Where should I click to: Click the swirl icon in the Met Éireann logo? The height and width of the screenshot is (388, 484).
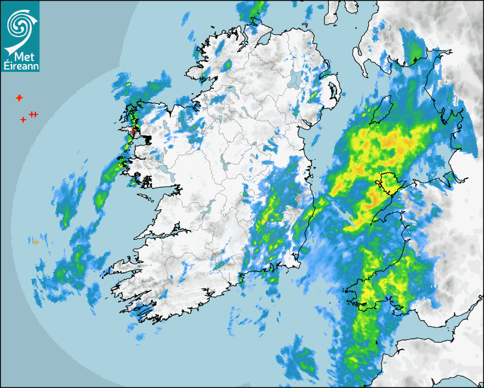19,25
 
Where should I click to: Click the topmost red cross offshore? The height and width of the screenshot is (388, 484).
19,98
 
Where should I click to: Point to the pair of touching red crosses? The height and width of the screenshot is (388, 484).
34,115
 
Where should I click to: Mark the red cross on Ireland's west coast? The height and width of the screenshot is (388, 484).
133,131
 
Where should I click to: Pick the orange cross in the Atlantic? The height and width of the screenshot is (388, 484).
36,242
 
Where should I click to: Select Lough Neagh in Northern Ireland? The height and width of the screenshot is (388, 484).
294,79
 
